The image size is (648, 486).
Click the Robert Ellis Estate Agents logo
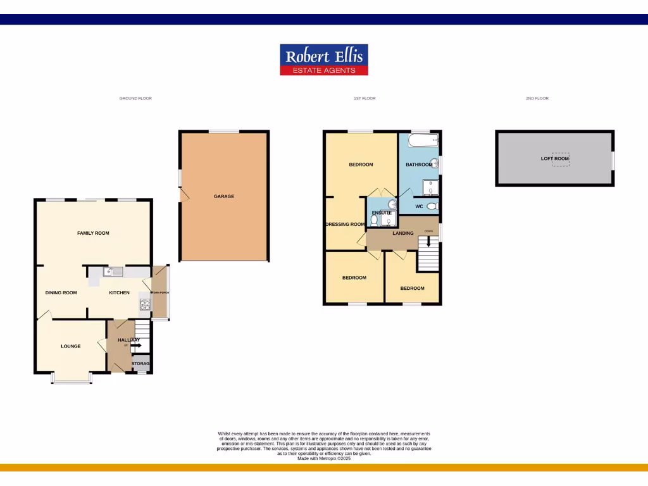pyautogui.click(x=324, y=60)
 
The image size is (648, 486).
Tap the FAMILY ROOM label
pyautogui.click(x=93, y=233)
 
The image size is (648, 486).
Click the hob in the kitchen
pyautogui.click(x=144, y=306)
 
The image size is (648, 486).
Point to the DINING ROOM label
pyautogui.click(x=61, y=292)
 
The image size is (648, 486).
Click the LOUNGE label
pyautogui.click(x=70, y=346)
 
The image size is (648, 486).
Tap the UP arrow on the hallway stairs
pyautogui.click(x=135, y=346)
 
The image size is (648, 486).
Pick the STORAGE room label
pyautogui.click(x=140, y=364)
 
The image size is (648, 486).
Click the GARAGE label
pyautogui.click(x=224, y=196)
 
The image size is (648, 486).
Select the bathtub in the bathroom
pyautogui.click(x=420, y=140)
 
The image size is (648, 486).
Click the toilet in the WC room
pyautogui.click(x=433, y=206)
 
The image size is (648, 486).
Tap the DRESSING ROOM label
pyautogui.click(x=345, y=224)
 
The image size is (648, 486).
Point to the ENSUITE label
pyautogui.click(x=380, y=213)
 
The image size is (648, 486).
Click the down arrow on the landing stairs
pyautogui.click(x=428, y=241)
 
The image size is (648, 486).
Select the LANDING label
pyautogui.click(x=403, y=233)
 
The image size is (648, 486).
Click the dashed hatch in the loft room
pyautogui.click(x=560, y=159)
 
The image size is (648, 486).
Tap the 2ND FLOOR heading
pyautogui.click(x=537, y=99)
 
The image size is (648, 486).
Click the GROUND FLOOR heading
pyautogui.click(x=135, y=99)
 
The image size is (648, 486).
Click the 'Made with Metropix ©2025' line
pyautogui.click(x=324, y=458)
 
